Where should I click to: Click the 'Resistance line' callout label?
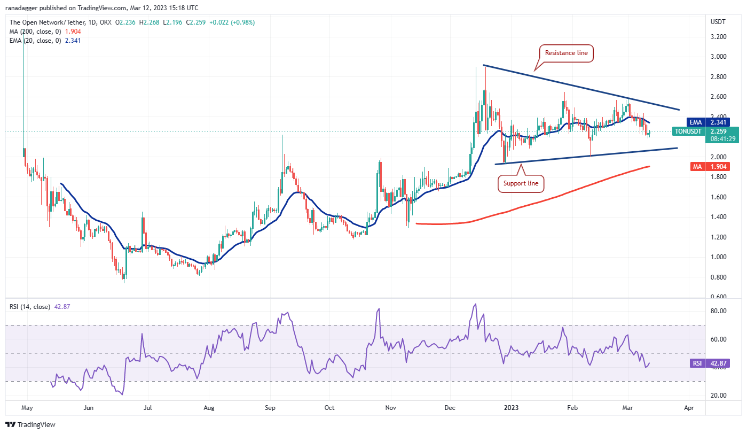[x=566, y=53]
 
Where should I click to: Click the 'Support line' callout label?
[x=522, y=184]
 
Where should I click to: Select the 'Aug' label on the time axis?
[x=209, y=408]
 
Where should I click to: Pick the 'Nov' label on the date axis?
[x=390, y=408]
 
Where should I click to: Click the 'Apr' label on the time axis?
[x=689, y=408]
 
